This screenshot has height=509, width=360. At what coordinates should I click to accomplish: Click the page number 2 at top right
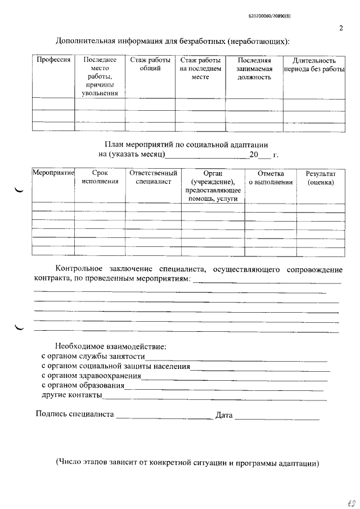[x=341, y=28]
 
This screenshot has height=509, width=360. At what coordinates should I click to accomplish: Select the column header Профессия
[x=53, y=60]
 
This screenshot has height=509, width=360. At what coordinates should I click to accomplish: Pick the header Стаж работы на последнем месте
[x=200, y=68]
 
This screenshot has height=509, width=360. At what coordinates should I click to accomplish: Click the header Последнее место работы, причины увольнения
[x=100, y=76]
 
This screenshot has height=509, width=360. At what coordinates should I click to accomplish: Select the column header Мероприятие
[x=53, y=174]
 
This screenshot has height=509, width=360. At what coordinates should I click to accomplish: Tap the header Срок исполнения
[x=100, y=178]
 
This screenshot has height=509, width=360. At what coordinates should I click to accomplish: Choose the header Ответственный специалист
[x=153, y=178]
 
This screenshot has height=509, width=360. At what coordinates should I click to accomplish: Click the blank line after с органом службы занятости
[x=236, y=359]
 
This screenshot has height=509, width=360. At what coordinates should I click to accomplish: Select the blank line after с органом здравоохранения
[x=233, y=378]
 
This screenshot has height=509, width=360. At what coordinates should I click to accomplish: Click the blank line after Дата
[x=277, y=417]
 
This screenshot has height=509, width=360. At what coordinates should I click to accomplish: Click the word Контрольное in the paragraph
[x=78, y=269]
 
